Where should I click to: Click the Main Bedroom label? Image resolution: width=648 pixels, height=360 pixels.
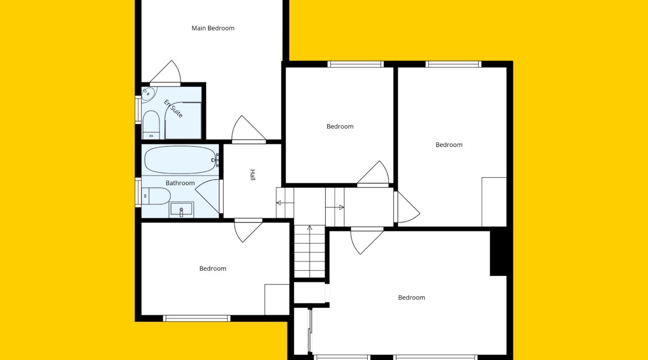[213, 28]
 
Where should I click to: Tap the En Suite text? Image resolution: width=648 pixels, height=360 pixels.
[173, 109]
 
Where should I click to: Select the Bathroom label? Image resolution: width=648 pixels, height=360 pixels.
[180, 183]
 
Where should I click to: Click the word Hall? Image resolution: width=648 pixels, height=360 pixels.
[253, 175]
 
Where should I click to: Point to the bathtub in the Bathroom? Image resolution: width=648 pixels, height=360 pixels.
[181, 160]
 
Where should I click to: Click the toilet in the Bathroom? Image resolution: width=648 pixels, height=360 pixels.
[156, 196]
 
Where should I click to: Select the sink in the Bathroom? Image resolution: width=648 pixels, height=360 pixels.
[181, 209]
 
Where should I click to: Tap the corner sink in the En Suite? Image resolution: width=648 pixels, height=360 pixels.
[147, 94]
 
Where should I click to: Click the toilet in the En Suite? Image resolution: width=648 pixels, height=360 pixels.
[151, 125]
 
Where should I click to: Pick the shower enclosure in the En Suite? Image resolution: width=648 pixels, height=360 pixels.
[183, 120]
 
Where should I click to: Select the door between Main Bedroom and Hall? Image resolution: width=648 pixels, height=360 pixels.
[248, 129]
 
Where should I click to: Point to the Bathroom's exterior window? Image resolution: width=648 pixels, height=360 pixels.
[138, 192]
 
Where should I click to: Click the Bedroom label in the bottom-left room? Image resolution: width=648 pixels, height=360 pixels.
[213, 269]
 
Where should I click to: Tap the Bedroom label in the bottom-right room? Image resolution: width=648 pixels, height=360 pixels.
[412, 297]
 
